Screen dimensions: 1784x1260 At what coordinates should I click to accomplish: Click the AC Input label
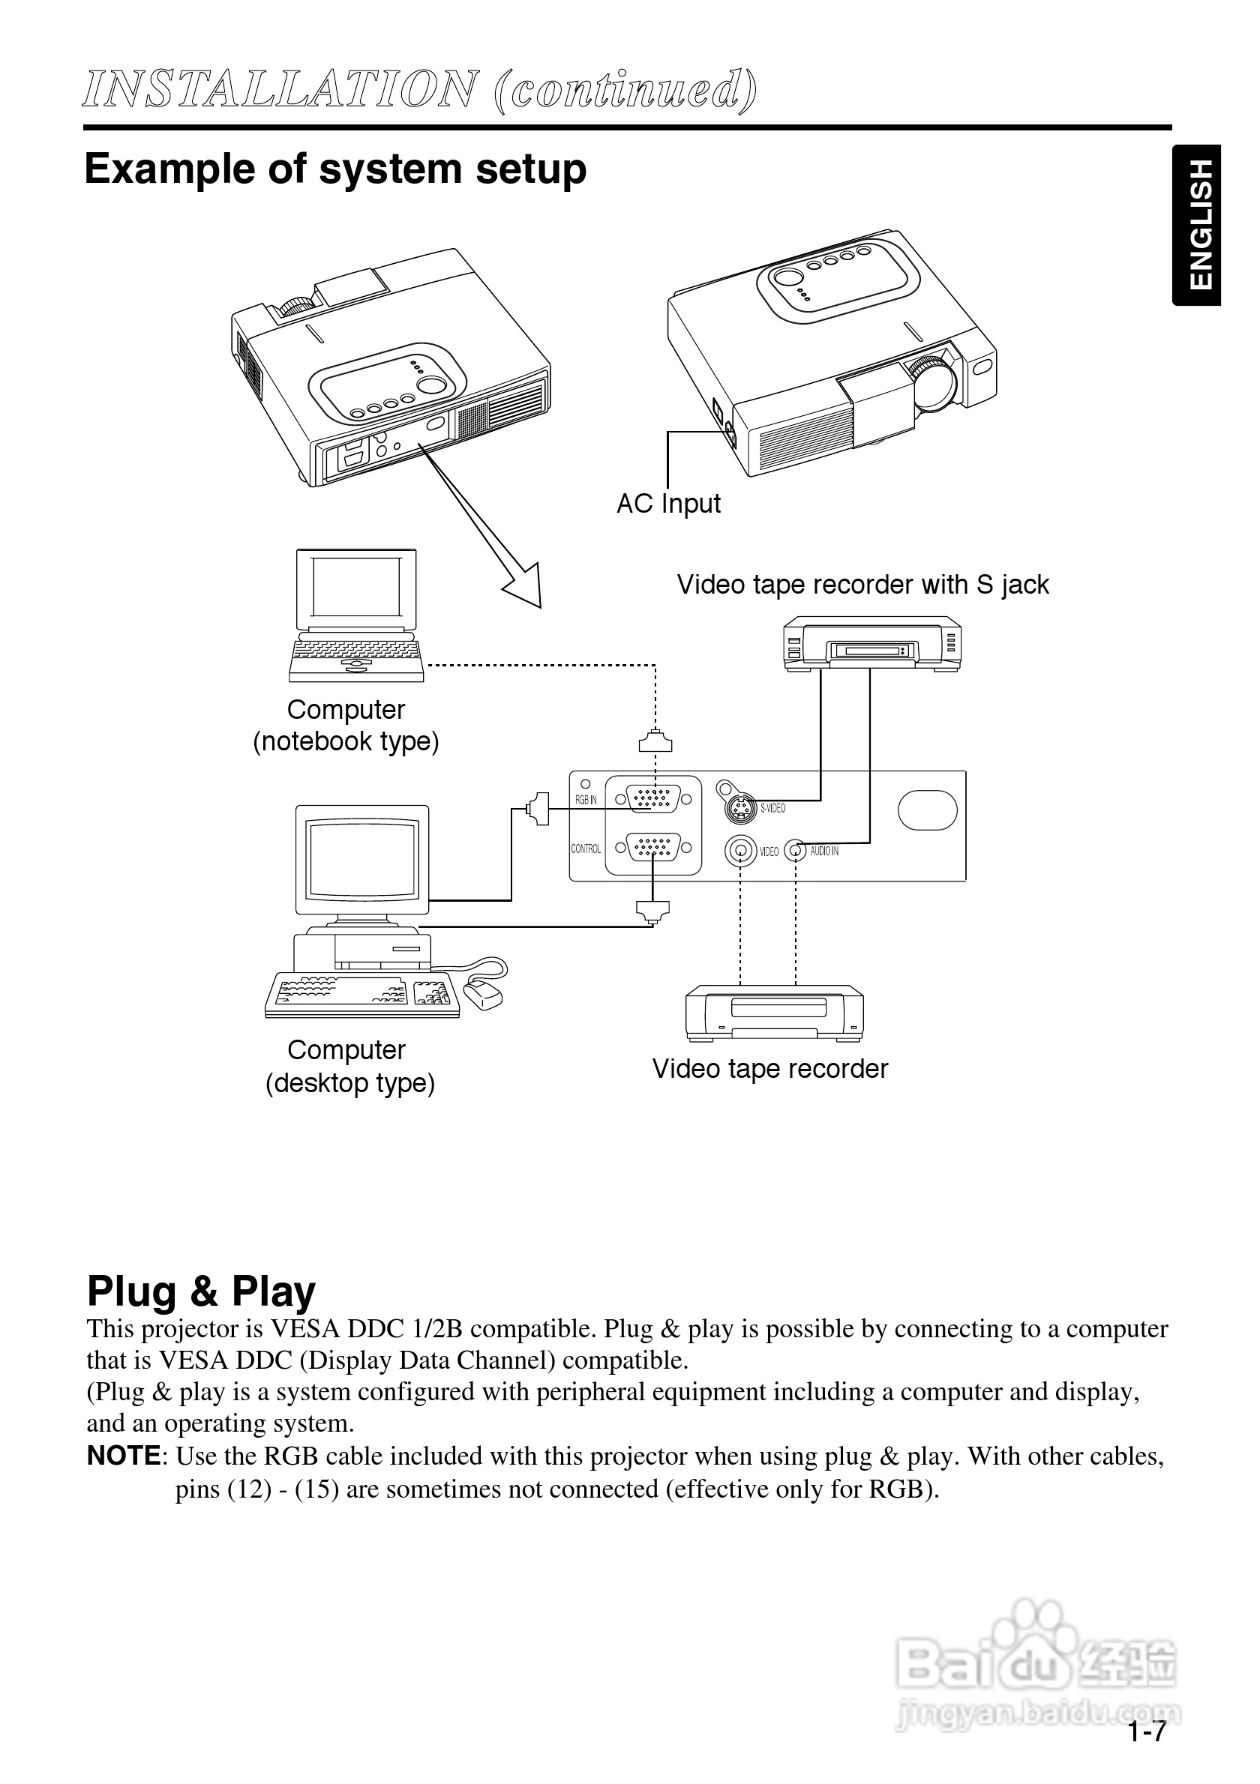click(x=667, y=504)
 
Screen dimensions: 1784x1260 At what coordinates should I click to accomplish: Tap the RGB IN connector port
click(x=653, y=799)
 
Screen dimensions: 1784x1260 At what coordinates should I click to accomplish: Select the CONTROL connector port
click(x=653, y=847)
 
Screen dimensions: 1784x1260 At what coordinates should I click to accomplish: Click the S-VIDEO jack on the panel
click(x=741, y=809)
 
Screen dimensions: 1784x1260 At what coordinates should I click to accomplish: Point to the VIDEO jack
click(x=741, y=852)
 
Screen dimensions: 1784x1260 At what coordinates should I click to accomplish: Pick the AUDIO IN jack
click(x=794, y=851)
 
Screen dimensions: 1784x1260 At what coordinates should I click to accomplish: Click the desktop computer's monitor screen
click(x=361, y=858)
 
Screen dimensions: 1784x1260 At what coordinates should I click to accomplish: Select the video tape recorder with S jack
click(x=871, y=643)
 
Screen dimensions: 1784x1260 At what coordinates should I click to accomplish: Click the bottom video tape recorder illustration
click(x=774, y=1013)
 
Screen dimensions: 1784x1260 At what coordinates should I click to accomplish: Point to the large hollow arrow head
click(x=523, y=587)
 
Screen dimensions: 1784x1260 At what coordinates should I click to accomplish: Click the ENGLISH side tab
click(x=1198, y=225)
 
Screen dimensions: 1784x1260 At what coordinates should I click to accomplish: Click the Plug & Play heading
click(x=201, y=1293)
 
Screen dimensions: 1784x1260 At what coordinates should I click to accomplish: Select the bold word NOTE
click(x=124, y=1456)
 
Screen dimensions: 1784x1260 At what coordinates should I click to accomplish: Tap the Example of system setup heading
click(x=335, y=169)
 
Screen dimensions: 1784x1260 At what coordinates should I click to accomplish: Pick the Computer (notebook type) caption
click(x=346, y=726)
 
